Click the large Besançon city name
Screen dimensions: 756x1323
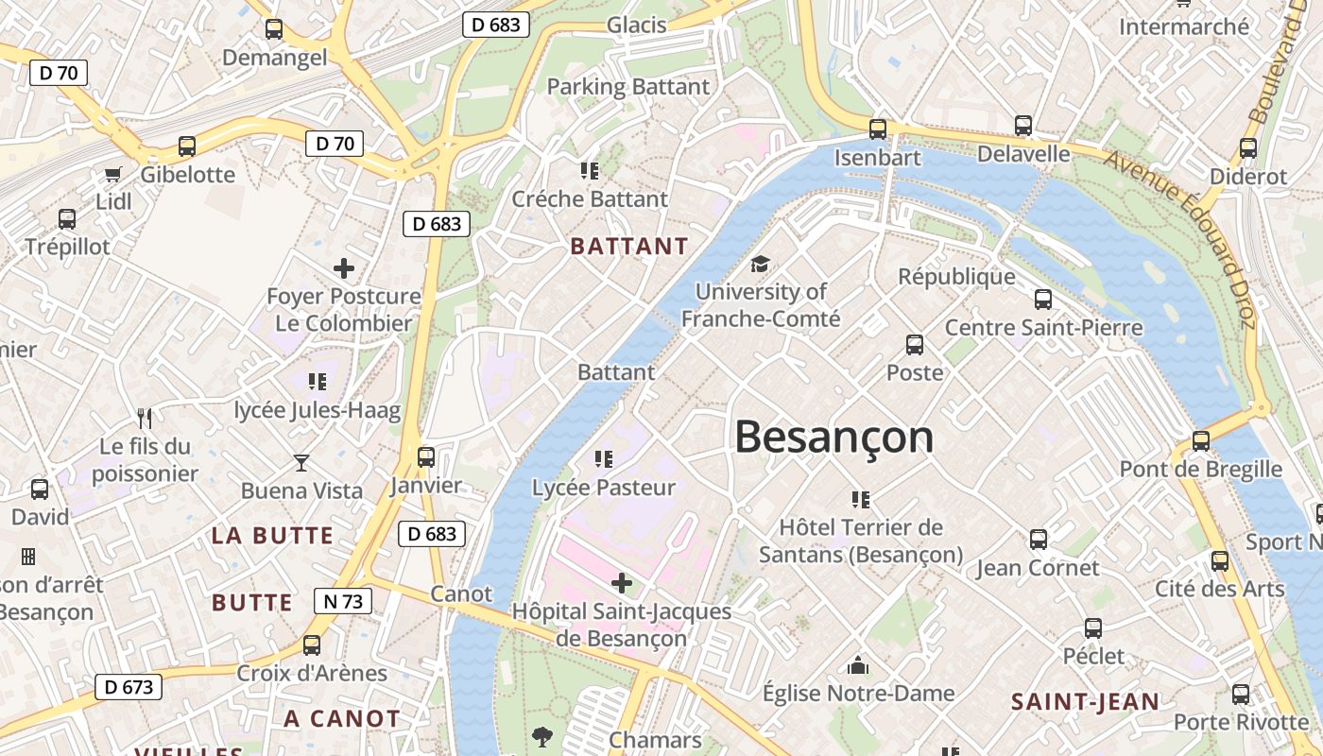(833, 438)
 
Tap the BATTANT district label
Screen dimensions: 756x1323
(629, 247)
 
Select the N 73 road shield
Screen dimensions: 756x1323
(342, 601)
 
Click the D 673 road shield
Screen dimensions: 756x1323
(129, 687)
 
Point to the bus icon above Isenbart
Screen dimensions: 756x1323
(878, 129)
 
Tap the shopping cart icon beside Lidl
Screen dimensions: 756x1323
(113, 174)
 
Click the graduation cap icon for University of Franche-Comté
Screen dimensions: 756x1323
(760, 264)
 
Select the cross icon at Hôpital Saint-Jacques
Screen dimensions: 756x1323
(622, 582)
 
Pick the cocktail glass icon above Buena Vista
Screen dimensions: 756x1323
(301, 462)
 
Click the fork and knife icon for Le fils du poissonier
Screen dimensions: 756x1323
(145, 418)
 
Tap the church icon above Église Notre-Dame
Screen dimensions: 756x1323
(858, 666)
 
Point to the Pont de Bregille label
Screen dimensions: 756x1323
(1200, 469)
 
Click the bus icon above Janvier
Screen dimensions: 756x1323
(426, 457)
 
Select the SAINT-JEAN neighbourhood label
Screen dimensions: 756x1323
(1085, 702)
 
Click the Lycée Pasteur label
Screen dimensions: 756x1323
(604, 488)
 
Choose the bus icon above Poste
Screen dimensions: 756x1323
(915, 345)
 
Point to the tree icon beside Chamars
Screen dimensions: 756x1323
(542, 736)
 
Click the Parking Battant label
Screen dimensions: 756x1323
(628, 87)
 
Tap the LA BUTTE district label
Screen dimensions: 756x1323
(272, 536)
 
